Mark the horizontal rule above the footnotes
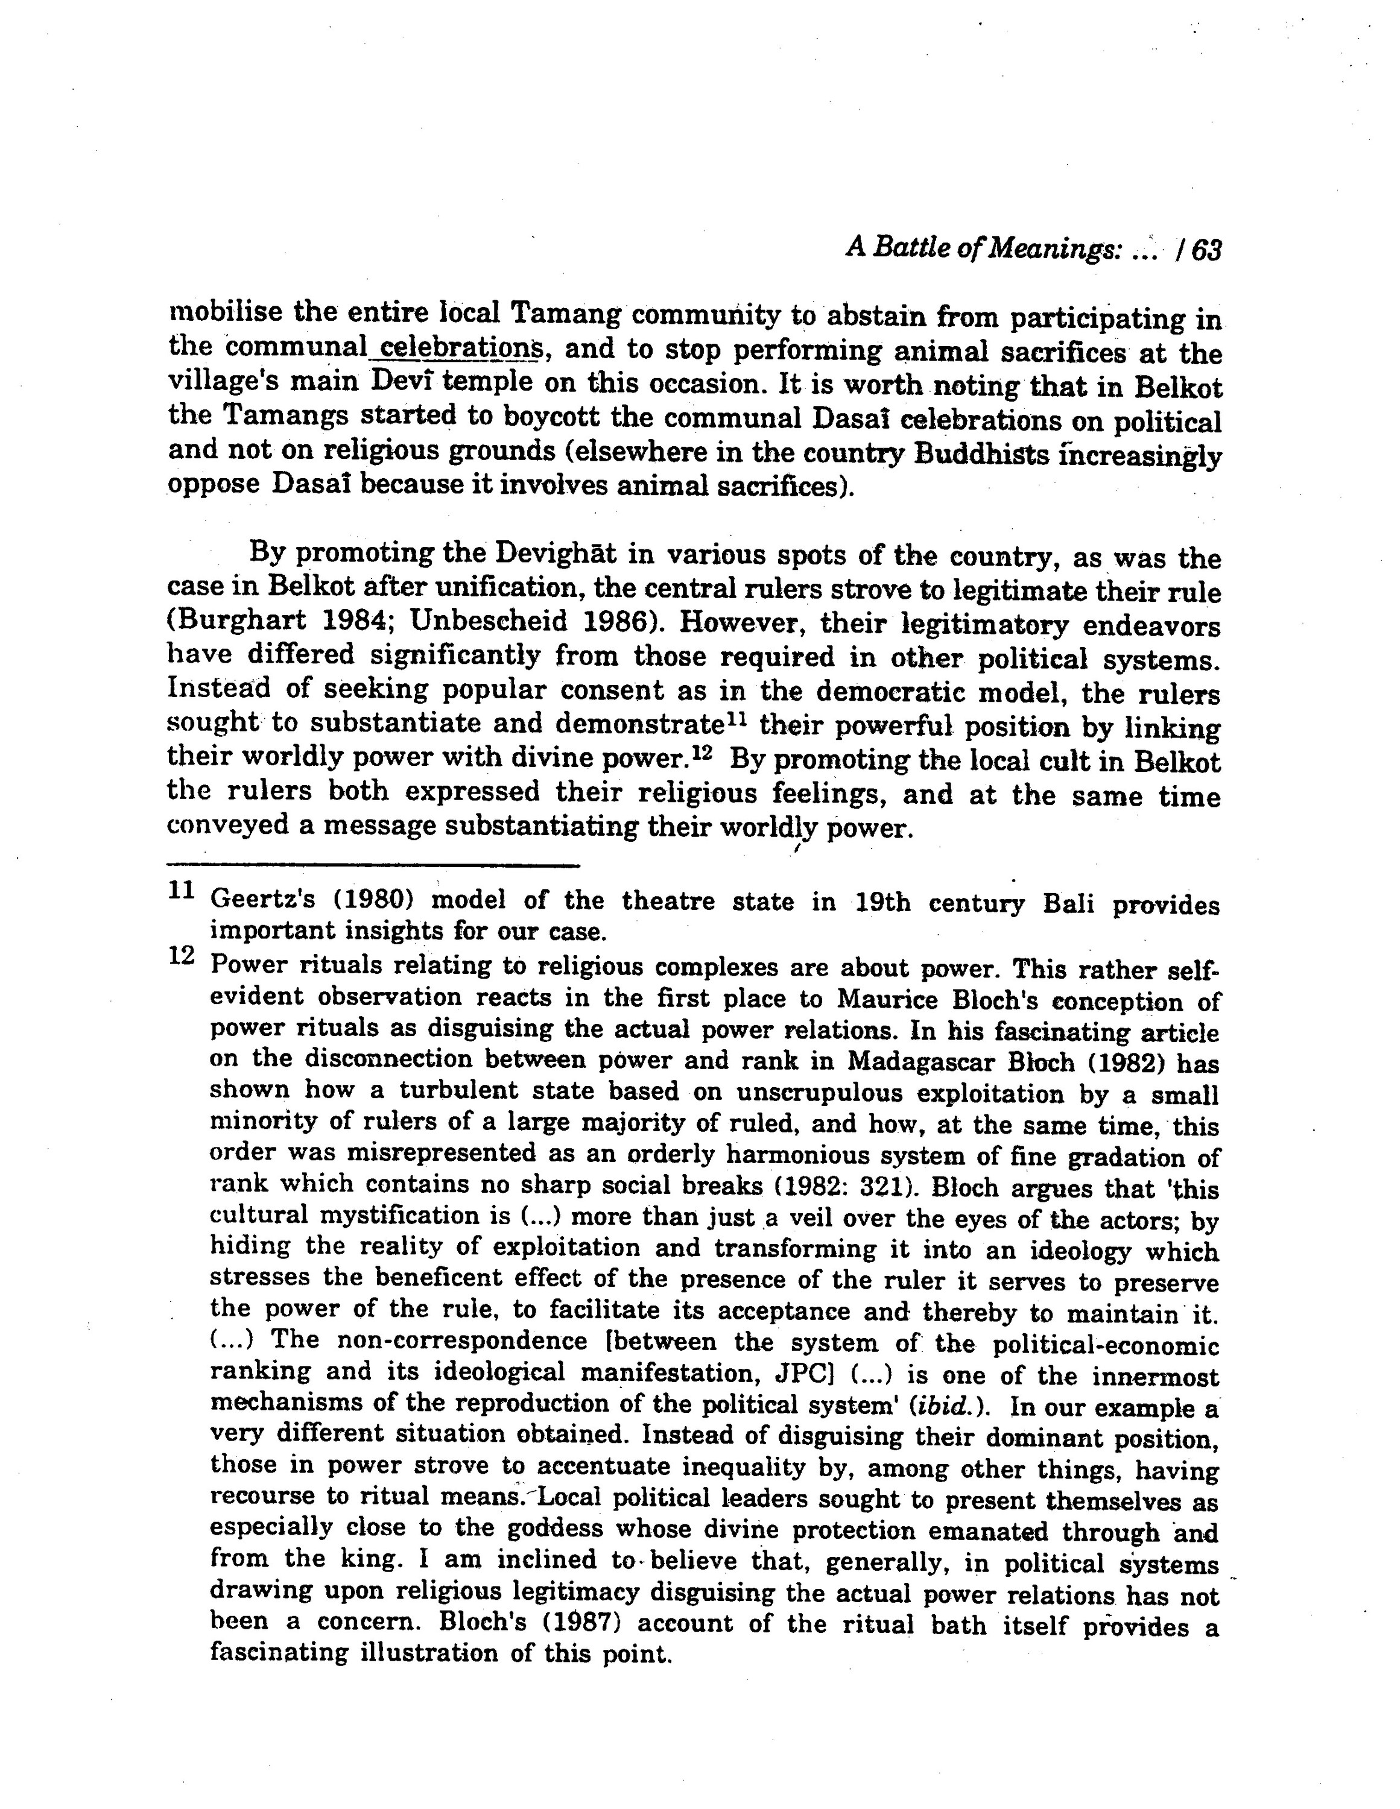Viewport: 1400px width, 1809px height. point(373,867)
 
